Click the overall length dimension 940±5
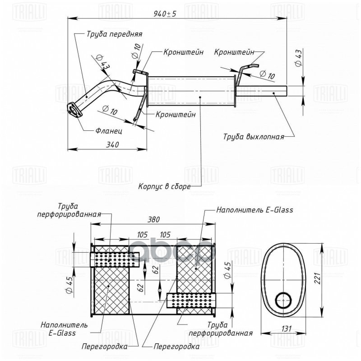tap(165, 14)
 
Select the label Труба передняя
tap(108, 34)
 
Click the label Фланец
tap(109, 131)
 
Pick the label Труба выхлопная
tap(255, 136)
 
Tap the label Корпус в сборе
tap(165, 185)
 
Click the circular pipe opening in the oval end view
tap(283, 299)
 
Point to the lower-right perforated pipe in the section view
tap(192, 300)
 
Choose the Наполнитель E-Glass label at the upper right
tap(255, 209)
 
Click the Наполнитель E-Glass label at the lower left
tap(58, 329)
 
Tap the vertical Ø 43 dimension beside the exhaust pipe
tap(299, 59)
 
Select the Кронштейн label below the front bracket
tap(176, 115)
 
